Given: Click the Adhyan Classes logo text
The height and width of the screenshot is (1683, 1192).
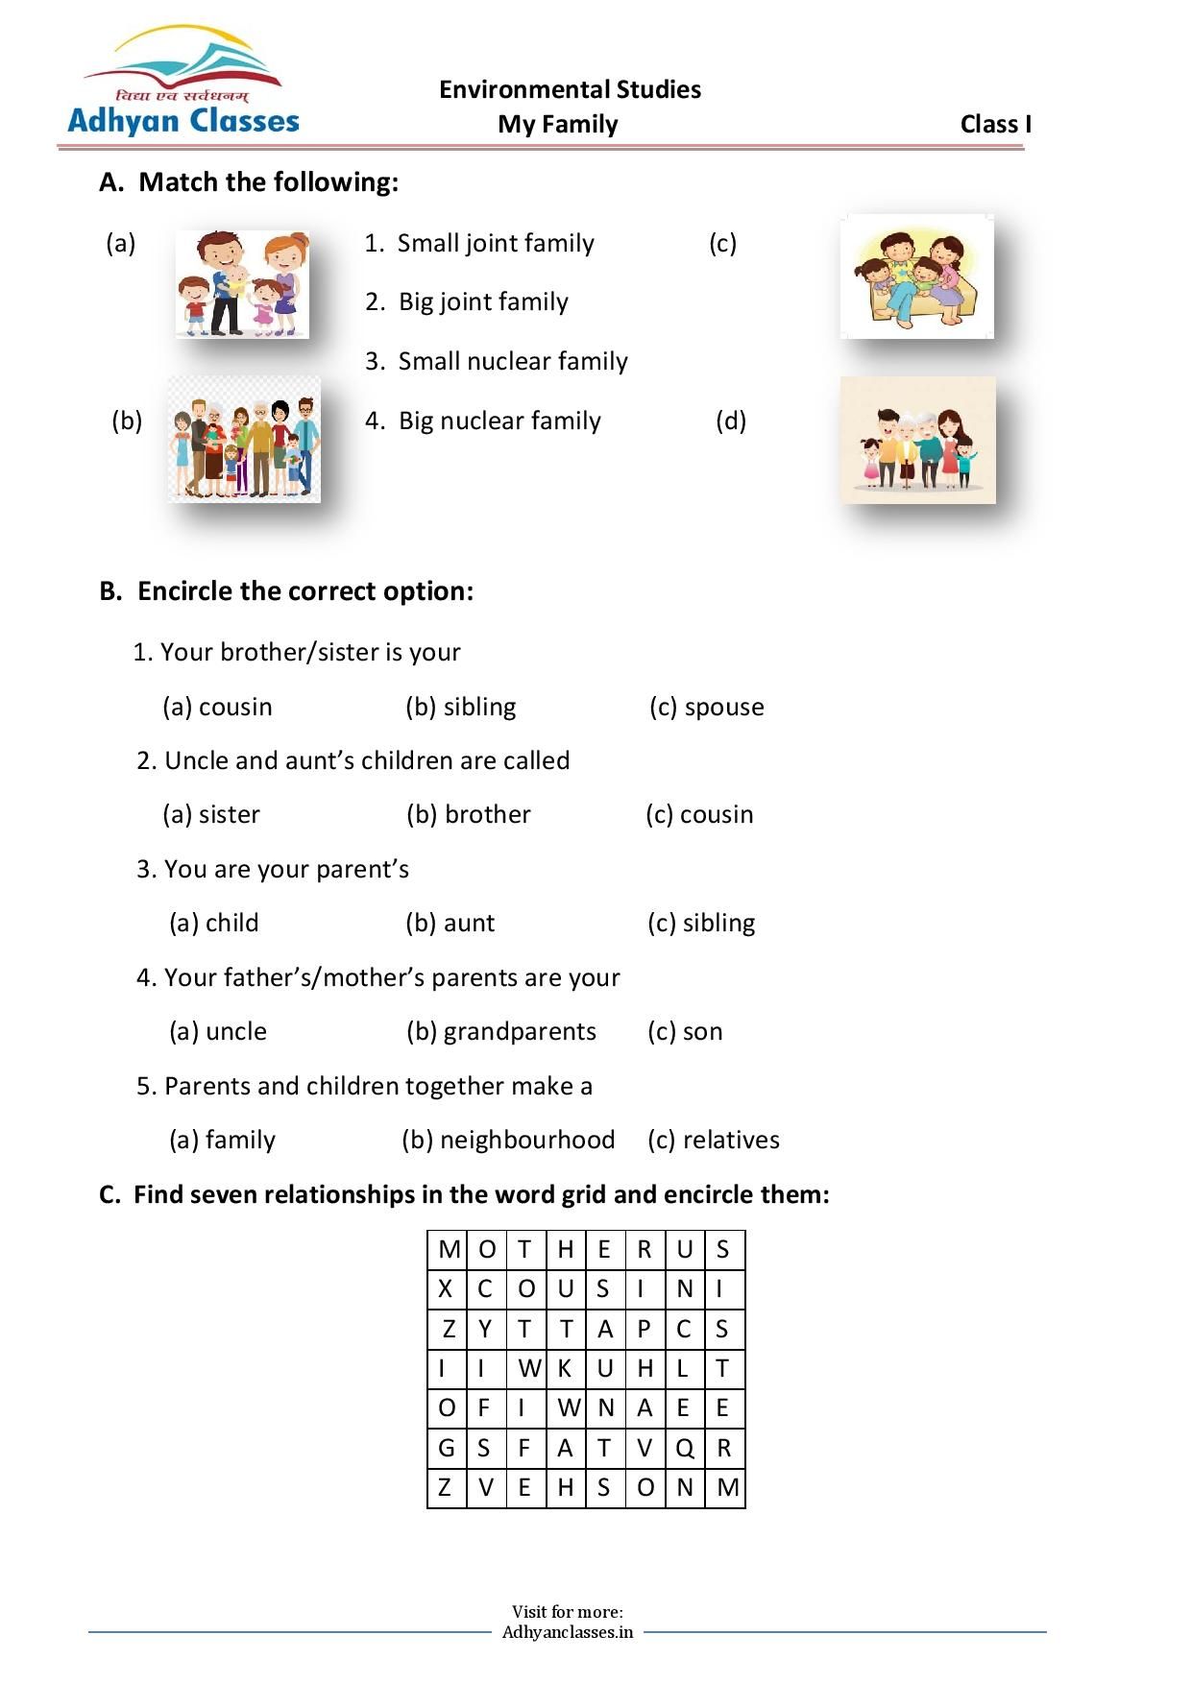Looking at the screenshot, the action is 183,121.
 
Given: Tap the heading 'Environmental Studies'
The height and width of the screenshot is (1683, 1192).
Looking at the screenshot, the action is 571,89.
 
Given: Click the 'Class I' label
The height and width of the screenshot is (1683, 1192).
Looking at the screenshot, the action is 996,124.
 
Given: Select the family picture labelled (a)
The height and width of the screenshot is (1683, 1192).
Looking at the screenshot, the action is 242,284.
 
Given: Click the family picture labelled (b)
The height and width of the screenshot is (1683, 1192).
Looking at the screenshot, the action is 244,439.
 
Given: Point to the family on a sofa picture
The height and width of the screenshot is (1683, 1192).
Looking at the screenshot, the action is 917,276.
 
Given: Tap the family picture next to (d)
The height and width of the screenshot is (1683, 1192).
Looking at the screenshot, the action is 918,440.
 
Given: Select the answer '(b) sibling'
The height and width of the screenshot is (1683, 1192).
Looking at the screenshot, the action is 461,707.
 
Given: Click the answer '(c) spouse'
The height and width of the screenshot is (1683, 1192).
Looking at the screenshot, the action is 707,708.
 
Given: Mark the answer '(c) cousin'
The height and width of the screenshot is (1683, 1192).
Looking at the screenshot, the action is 699,814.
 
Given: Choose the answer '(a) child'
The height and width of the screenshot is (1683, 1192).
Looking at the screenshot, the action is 214,923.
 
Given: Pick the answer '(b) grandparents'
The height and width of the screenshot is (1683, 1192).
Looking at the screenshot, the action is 501,1032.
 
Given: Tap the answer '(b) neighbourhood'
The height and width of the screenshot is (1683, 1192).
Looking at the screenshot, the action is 509,1140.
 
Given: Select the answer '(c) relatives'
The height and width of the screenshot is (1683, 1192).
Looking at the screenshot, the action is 714,1140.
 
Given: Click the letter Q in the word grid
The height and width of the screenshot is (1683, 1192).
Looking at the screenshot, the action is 685,1449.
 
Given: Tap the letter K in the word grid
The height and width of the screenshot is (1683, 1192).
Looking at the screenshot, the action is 565,1368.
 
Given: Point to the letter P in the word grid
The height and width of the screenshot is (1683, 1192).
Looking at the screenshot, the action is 644,1329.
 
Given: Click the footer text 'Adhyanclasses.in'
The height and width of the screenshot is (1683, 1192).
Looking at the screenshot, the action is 568,1632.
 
